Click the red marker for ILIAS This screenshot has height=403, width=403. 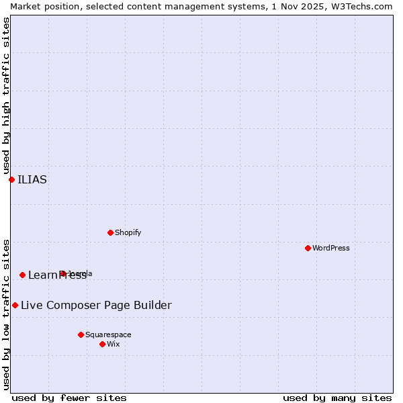[x=11, y=179]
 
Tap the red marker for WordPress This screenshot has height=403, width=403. [x=308, y=248]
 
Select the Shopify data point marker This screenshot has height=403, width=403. [x=110, y=232]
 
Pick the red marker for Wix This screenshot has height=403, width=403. [x=102, y=344]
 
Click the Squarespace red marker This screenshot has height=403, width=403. [x=81, y=334]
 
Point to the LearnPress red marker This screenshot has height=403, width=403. [x=22, y=275]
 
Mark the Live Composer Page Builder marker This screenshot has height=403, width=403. [x=15, y=305]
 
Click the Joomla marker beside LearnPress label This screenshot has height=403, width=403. [x=62, y=273]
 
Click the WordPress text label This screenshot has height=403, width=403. [x=331, y=248]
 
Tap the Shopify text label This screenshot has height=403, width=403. [x=128, y=232]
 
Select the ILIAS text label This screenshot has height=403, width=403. [x=32, y=179]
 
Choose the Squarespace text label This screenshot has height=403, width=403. [x=108, y=334]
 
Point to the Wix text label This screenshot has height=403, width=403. [x=114, y=344]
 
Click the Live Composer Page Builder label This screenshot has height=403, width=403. [x=96, y=306]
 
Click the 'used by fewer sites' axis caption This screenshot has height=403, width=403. [x=69, y=398]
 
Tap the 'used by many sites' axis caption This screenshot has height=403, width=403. [x=337, y=398]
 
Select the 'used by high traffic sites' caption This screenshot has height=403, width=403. [x=6, y=95]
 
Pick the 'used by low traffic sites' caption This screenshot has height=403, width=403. [x=6, y=314]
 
